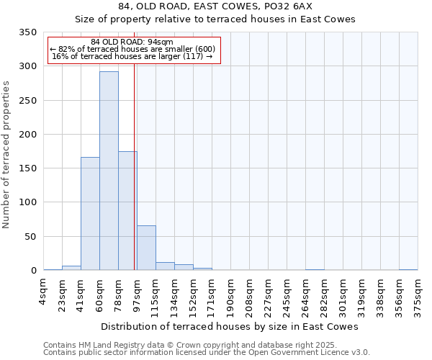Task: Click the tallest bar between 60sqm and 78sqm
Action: [x=109, y=171]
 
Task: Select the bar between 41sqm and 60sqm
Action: [x=90, y=214]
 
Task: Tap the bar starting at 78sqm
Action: [x=127, y=211]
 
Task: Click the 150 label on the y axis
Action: [x=29, y=168]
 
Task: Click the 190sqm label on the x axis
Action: [x=230, y=293]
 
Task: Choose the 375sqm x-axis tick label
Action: [x=418, y=293]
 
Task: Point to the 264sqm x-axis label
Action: [x=305, y=293]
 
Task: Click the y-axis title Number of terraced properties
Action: [x=6, y=155]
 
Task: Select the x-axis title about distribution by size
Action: [x=230, y=326]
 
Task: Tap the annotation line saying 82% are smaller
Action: [x=132, y=49]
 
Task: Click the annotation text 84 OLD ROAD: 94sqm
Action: [x=132, y=42]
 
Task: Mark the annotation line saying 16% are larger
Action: [x=132, y=56]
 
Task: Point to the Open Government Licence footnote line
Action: [x=206, y=353]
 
